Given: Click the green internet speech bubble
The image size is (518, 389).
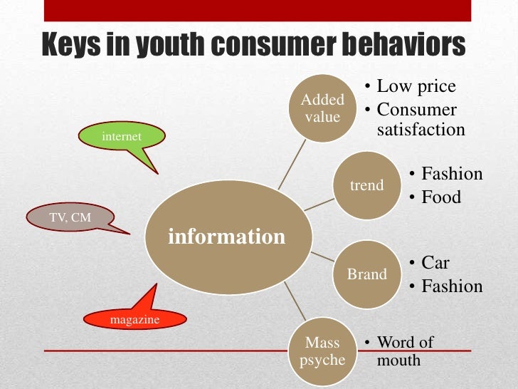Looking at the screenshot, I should [122, 136].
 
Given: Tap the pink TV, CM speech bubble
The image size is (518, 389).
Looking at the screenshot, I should [70, 218].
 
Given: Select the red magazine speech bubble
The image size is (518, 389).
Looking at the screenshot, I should [134, 320].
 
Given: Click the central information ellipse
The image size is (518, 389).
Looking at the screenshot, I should [226, 237].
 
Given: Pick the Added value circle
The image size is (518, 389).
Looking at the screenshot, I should [322, 108].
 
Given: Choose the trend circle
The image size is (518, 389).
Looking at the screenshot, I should [366, 186].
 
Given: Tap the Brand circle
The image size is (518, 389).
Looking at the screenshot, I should [366, 274].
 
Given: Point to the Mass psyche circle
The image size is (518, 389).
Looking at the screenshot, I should [322, 351].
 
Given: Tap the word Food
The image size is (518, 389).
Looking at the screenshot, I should [441, 197].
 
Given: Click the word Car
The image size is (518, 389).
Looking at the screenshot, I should [435, 263].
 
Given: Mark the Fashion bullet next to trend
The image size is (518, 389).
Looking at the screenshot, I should [452, 174].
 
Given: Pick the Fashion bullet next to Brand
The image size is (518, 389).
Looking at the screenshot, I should [452, 286].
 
